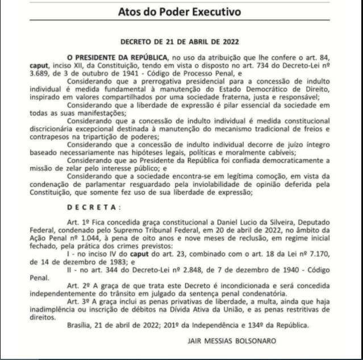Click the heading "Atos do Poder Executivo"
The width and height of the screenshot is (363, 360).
179,11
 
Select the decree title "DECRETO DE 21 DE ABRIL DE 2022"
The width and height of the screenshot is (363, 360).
181,41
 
